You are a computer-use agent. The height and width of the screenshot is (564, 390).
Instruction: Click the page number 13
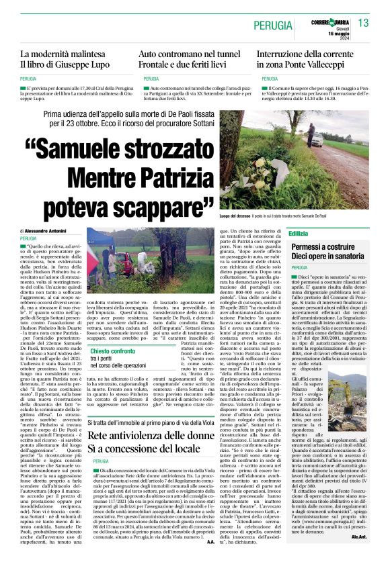[364, 23]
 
